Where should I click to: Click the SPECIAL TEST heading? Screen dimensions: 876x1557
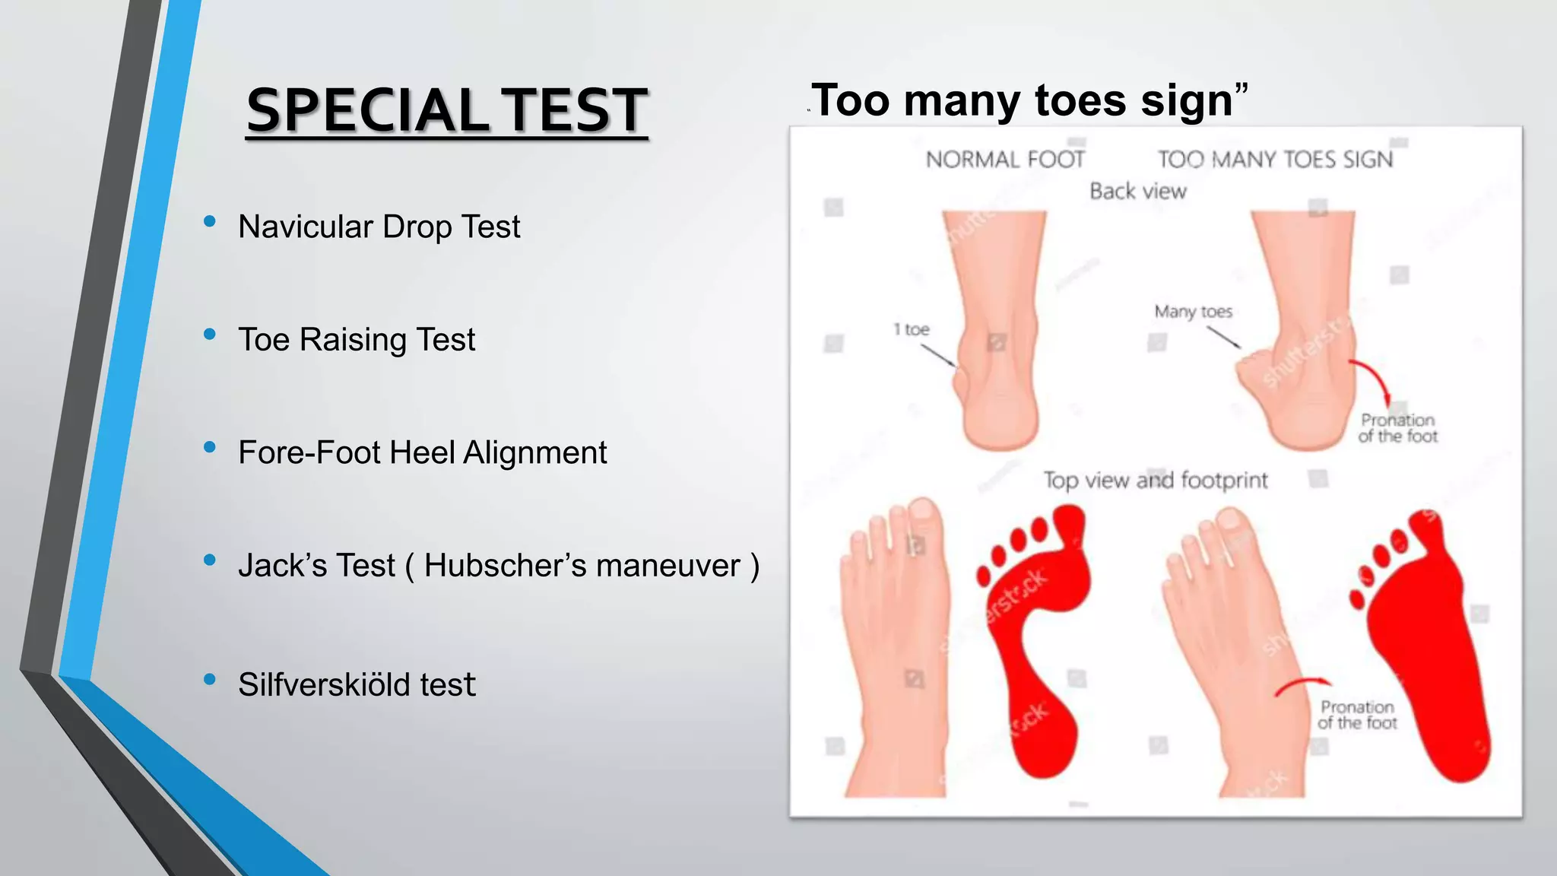pos(447,111)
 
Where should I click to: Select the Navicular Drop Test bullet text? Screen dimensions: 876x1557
pos(379,227)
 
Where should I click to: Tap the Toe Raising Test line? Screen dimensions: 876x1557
pos(356,339)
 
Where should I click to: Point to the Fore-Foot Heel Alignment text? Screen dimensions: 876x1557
pos(422,452)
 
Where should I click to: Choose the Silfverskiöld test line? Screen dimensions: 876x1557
pos(356,684)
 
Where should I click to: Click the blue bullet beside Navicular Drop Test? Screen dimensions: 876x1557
pos(210,221)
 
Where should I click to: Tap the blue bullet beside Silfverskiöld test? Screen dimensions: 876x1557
pos(210,679)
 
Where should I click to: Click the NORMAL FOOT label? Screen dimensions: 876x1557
pos(1005,160)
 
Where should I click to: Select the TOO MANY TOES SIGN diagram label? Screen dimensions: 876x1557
pos(1275,160)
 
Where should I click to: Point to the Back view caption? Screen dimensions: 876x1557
pos(1137,192)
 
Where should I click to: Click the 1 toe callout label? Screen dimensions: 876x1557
pos(911,329)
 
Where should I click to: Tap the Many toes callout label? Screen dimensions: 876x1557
pos(1193,312)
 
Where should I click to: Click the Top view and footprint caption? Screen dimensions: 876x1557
pos(1155,481)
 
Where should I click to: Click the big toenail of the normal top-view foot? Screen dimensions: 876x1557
pos(924,511)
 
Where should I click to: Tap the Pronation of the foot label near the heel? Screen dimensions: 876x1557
pos(1398,428)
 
